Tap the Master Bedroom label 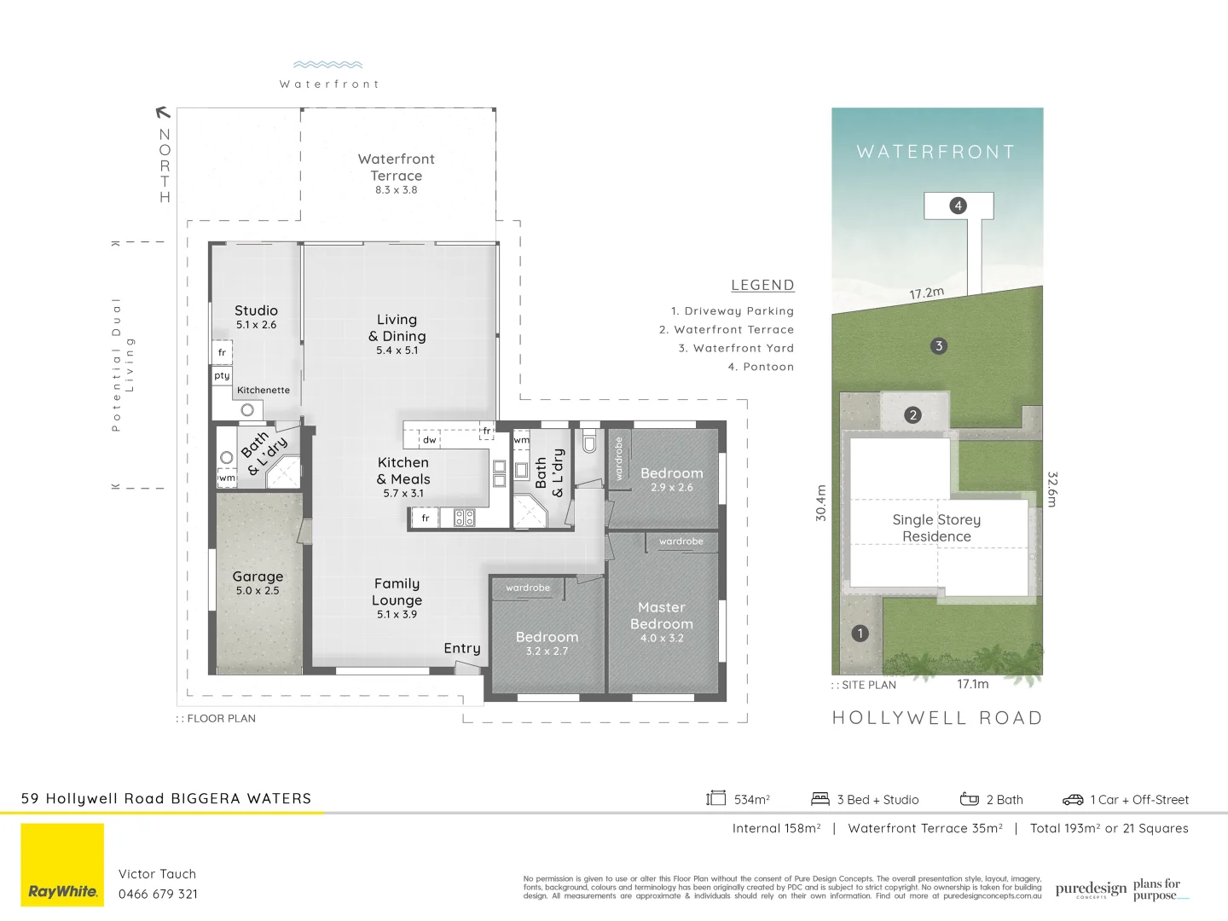(662, 617)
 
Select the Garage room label (258, 577)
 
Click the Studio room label (256, 311)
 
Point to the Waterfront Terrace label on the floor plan (396, 168)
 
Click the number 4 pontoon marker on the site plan (958, 206)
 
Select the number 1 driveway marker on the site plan (860, 633)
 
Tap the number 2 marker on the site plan (913, 415)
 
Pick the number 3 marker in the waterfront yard (939, 346)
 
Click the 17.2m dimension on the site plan (926, 293)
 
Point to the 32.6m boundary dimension (1051, 489)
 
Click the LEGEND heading (762, 286)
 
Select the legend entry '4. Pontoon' (761, 367)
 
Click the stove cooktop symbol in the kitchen (464, 517)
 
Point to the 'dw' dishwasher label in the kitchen (430, 440)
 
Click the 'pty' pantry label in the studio (222, 375)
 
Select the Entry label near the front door (462, 649)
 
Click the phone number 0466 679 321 (158, 895)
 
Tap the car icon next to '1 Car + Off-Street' (1072, 800)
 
